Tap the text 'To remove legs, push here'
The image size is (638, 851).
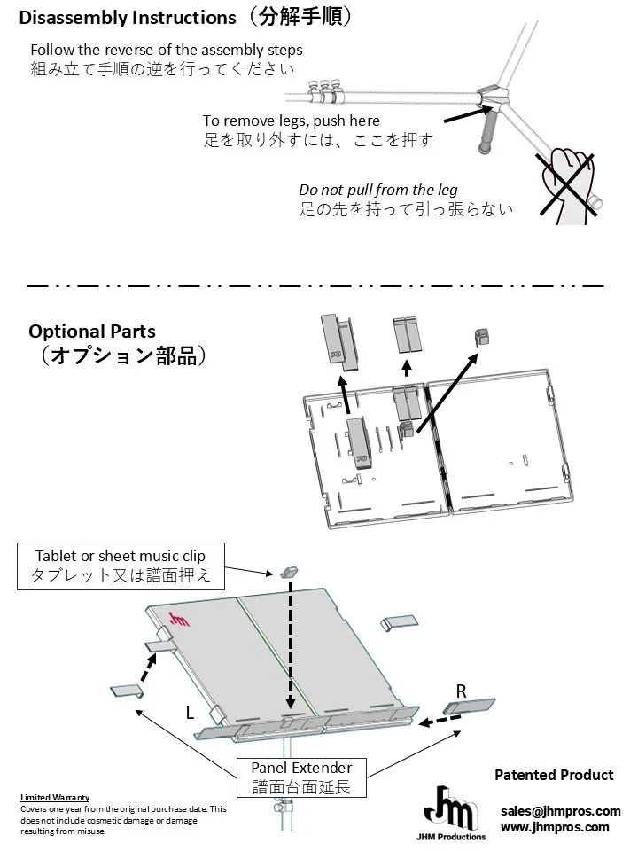pyautogui.click(x=291, y=121)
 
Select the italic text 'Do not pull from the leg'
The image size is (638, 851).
pyautogui.click(x=378, y=190)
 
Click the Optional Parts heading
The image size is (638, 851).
pyautogui.click(x=92, y=332)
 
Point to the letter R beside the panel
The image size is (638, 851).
pyautogui.click(x=461, y=691)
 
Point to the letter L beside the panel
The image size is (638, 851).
pyautogui.click(x=191, y=712)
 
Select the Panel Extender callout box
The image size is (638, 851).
pyautogui.click(x=301, y=777)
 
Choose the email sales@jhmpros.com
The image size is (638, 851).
pyautogui.click(x=560, y=811)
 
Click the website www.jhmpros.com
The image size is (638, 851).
pyautogui.click(x=555, y=827)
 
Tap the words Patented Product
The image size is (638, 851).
pyautogui.click(x=554, y=775)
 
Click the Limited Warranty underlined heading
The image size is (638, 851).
pyautogui.click(x=54, y=797)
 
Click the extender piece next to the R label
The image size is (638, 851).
pyautogui.click(x=471, y=707)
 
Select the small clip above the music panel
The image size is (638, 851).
pyautogui.click(x=290, y=572)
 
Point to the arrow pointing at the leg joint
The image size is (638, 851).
pyautogui.click(x=463, y=113)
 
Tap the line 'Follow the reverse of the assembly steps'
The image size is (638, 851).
pyautogui.click(x=166, y=50)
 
